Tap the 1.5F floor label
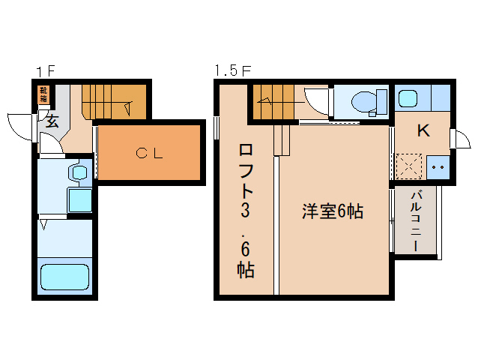click(x=232, y=72)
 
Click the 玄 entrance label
click(x=52, y=121)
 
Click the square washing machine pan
click(x=79, y=201)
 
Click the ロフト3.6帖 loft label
click(x=246, y=210)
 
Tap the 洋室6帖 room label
click(x=333, y=212)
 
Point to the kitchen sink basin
click(x=409, y=98)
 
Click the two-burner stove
click(x=437, y=166)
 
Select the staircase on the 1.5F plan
click(x=274, y=103)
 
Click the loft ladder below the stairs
click(x=282, y=140)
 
